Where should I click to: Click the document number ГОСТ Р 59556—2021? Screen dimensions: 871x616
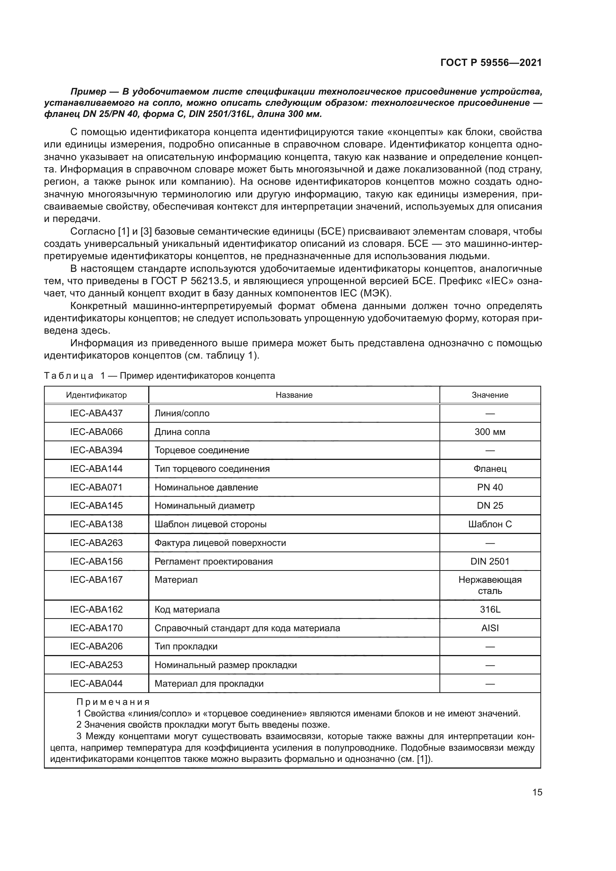[491, 63]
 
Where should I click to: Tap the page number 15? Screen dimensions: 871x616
[537, 792]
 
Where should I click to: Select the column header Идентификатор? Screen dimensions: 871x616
[96, 395]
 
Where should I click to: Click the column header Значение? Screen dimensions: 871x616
[490, 395]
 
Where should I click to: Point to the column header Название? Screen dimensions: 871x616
[294, 395]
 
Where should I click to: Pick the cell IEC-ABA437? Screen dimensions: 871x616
[96, 413]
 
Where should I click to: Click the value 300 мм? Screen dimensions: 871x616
[490, 432]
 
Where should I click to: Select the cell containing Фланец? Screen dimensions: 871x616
[490, 468]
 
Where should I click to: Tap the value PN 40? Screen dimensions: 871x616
[490, 487]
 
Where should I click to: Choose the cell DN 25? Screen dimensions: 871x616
[490, 506]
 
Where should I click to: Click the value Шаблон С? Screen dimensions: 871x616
[490, 524]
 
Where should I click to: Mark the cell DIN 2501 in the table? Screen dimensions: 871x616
[490, 562]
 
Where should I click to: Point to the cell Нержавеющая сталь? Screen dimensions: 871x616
[490, 585]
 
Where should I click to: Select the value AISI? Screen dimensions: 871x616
[490, 628]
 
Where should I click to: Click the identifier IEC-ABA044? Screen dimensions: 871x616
[96, 684]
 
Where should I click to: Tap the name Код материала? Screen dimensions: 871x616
[187, 610]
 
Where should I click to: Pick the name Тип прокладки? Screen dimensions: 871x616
[186, 646]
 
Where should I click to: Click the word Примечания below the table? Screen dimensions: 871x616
[113, 702]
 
